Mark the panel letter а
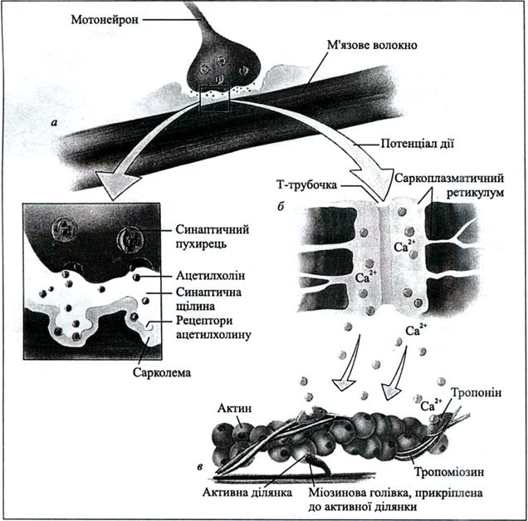(54, 122)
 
